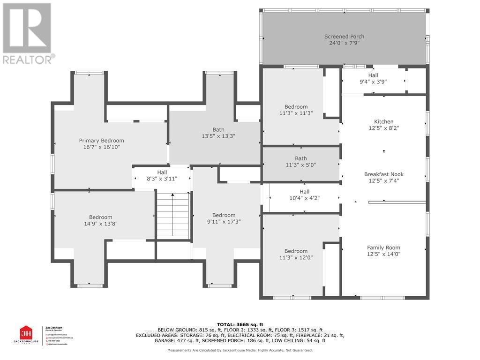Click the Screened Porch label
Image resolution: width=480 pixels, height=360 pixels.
tap(344, 37)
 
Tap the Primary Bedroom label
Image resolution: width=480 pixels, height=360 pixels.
tap(101, 141)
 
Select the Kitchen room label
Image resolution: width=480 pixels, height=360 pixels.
tap(383, 121)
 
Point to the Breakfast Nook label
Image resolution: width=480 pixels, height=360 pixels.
tap(383, 174)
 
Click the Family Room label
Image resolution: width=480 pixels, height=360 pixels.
tap(383, 247)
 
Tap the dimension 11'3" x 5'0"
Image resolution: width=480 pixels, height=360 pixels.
tap(300, 165)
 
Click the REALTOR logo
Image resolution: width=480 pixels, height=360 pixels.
tap(27, 33)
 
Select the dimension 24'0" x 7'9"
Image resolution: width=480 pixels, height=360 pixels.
tap(344, 43)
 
